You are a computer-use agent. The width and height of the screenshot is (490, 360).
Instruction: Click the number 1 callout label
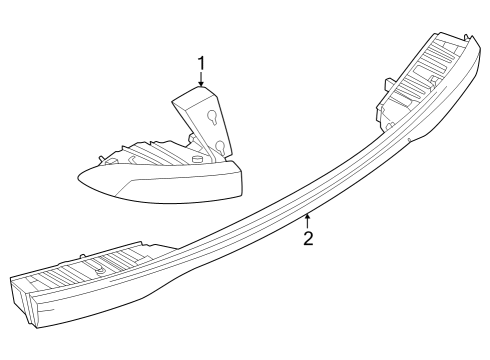point(202,65)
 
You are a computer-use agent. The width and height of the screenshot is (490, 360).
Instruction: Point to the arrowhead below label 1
point(202,87)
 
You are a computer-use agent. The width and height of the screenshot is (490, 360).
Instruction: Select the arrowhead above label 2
point(309,214)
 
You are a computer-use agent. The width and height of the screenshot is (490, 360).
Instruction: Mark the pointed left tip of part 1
point(80,178)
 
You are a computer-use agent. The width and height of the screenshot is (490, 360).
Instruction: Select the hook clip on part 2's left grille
point(101,267)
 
